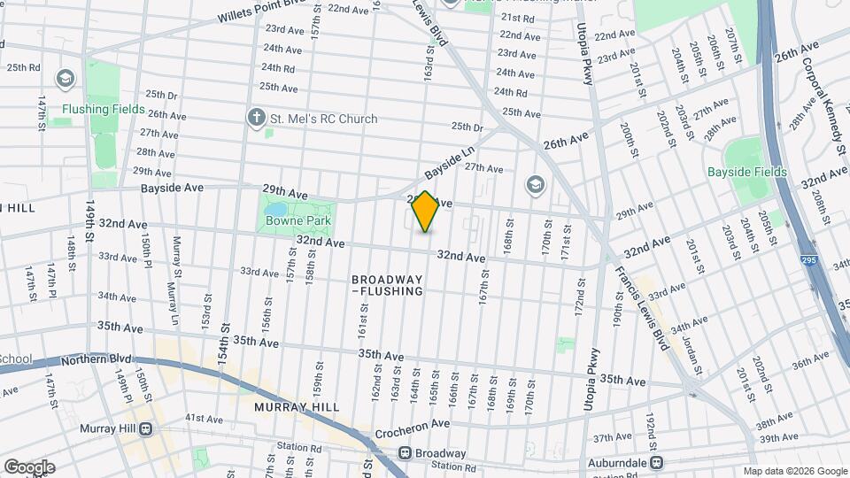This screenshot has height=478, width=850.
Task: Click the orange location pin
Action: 426,212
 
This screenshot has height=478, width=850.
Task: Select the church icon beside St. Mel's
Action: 257,118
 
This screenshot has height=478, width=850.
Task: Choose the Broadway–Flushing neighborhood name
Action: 387,284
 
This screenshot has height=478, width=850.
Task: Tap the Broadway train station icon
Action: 405,453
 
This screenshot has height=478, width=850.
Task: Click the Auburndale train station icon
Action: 657,461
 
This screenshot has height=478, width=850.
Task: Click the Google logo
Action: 29,466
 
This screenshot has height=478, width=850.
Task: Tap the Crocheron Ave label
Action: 413,426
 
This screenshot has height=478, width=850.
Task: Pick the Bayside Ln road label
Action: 450,161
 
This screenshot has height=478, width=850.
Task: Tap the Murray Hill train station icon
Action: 144,429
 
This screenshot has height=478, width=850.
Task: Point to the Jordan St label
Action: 693,351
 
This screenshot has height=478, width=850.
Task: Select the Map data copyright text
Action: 795,471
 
